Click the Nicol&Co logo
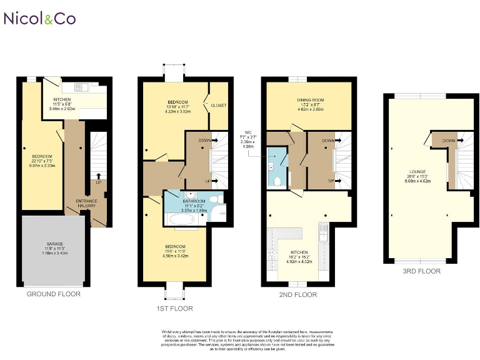click(x=40, y=19)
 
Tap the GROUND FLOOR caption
click(x=53, y=294)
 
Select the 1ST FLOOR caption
click(x=175, y=308)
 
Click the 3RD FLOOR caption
click(x=422, y=271)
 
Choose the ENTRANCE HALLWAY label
click(x=87, y=203)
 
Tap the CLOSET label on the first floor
click(x=218, y=105)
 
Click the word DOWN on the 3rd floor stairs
click(x=448, y=141)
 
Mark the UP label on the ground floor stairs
click(x=98, y=182)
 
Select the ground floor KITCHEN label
click(x=62, y=100)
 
